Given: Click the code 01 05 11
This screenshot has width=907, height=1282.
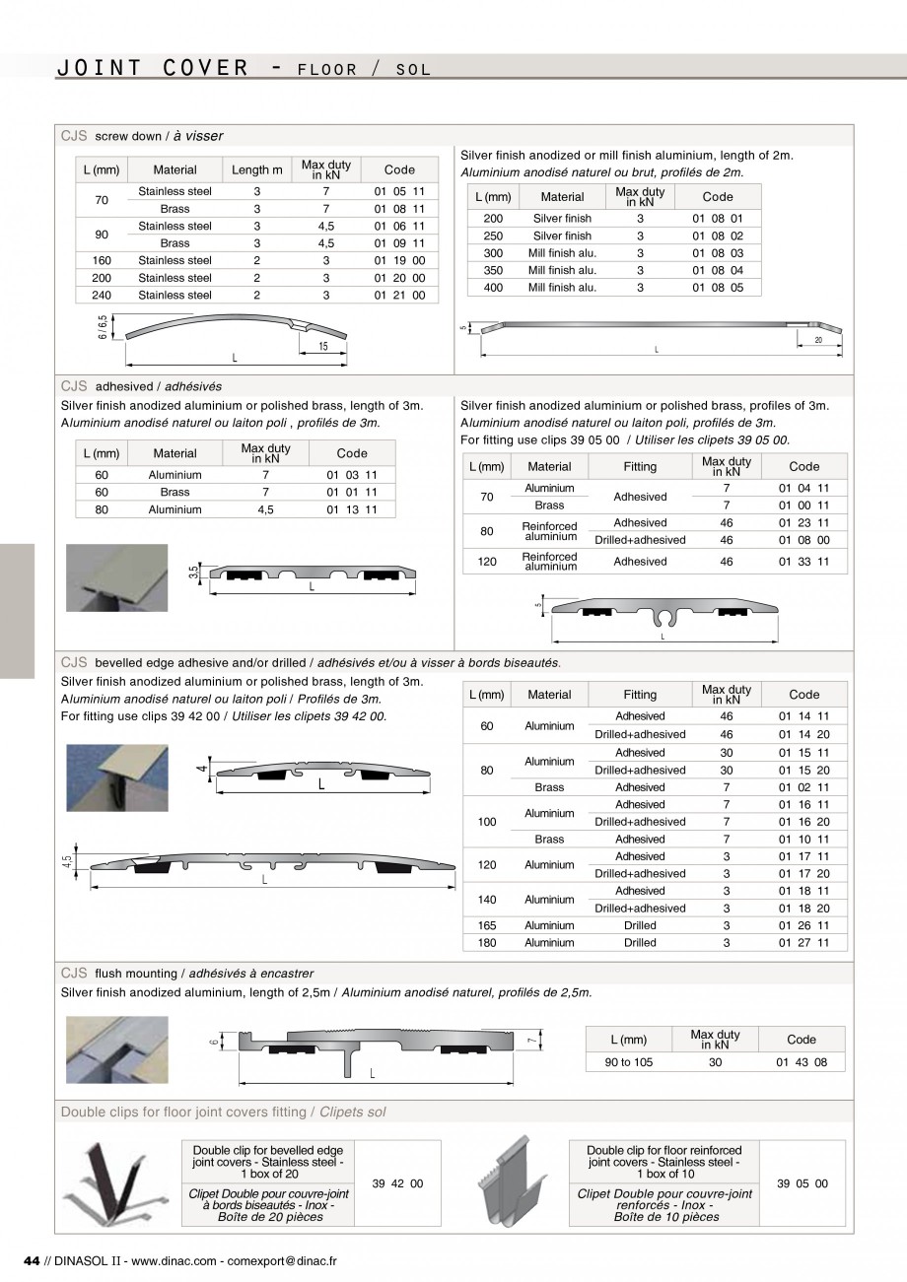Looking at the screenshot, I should [399, 191].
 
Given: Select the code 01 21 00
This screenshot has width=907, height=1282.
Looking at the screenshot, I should [399, 295].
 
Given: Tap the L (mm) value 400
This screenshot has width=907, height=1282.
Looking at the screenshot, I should [493, 288].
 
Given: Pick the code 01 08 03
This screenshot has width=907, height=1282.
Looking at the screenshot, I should [718, 253].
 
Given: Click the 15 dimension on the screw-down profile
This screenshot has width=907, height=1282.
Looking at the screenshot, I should [322, 346].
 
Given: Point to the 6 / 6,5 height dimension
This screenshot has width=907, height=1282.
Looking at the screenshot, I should [102, 328].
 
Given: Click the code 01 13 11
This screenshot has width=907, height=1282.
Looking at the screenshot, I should [352, 509].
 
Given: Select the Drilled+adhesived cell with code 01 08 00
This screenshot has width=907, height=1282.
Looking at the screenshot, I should [640, 540].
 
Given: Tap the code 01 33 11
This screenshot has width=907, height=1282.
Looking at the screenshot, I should [804, 562].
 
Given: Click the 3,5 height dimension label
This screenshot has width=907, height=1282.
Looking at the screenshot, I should [194, 573].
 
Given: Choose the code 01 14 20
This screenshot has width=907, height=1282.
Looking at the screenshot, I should [804, 734].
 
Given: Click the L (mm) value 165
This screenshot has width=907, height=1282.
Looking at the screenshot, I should [487, 925].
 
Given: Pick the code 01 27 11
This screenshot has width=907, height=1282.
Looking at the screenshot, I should [804, 943].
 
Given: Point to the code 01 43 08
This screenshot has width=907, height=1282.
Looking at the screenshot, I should [802, 1062].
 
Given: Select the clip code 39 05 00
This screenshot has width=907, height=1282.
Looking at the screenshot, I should [802, 1183].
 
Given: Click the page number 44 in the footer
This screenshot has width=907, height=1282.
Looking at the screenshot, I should [31, 1261].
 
